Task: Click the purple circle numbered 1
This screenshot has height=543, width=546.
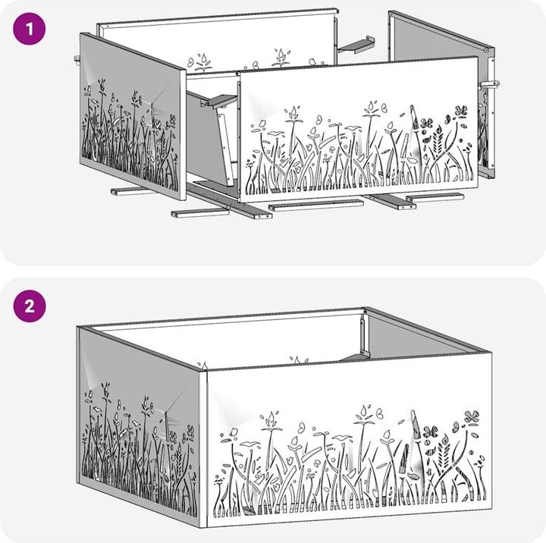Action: tap(30, 29)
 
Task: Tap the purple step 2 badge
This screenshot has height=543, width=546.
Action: tap(30, 306)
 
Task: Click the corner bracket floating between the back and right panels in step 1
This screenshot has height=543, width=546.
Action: tap(356, 45)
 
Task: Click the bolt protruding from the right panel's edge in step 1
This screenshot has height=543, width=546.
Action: tap(489, 84)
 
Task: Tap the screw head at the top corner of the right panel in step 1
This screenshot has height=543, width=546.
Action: tap(486, 51)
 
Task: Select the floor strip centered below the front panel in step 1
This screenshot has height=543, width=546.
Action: tap(315, 206)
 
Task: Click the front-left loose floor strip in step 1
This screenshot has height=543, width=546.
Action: tap(200, 213)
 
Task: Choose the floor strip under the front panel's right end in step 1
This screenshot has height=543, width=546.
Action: tap(435, 197)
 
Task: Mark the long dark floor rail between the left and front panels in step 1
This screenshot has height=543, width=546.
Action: tap(230, 201)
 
